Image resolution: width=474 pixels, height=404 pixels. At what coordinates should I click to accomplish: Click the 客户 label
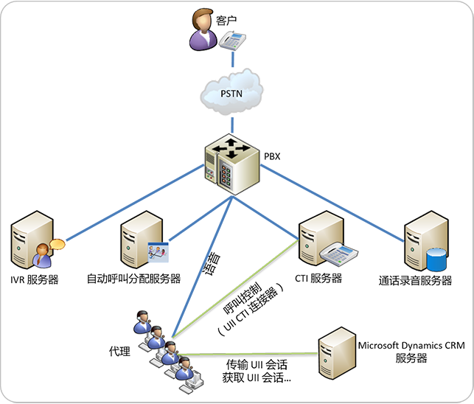[x=229, y=20]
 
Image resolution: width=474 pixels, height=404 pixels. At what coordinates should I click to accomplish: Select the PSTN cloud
[x=232, y=94]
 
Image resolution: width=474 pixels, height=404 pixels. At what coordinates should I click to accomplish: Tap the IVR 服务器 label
[x=35, y=279]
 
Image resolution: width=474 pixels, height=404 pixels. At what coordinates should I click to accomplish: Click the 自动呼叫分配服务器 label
[x=133, y=279]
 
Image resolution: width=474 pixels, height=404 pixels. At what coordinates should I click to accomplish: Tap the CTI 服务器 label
[x=318, y=279]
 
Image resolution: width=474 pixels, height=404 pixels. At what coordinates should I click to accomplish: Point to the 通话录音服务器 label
[x=415, y=280]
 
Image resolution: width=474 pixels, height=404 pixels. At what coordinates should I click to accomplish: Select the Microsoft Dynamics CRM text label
[x=411, y=344]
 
